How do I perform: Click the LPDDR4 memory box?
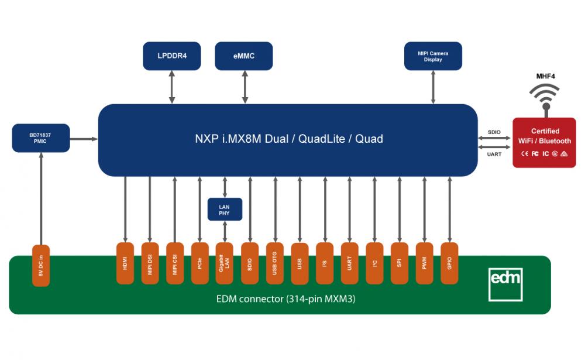pyautogui.click(x=171, y=56)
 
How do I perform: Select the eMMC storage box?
pyautogui.click(x=244, y=56)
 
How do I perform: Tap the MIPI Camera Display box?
pyautogui.click(x=433, y=56)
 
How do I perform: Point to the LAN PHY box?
pyautogui.click(x=225, y=210)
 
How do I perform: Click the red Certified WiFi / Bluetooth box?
pyautogui.click(x=545, y=143)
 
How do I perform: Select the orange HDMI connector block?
pyautogui.click(x=125, y=263)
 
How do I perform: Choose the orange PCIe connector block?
pyautogui.click(x=200, y=263)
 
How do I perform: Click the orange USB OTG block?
pyautogui.click(x=275, y=263)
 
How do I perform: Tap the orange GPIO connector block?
pyautogui.click(x=449, y=263)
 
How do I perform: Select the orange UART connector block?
pyautogui.click(x=349, y=263)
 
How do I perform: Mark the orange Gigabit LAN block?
pyautogui.click(x=225, y=263)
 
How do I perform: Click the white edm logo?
pyautogui.click(x=505, y=284)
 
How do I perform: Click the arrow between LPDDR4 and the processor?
pyautogui.click(x=171, y=87)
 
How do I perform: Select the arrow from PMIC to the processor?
pyautogui.click(x=84, y=139)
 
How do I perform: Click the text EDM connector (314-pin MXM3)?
pyautogui.click(x=285, y=300)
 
